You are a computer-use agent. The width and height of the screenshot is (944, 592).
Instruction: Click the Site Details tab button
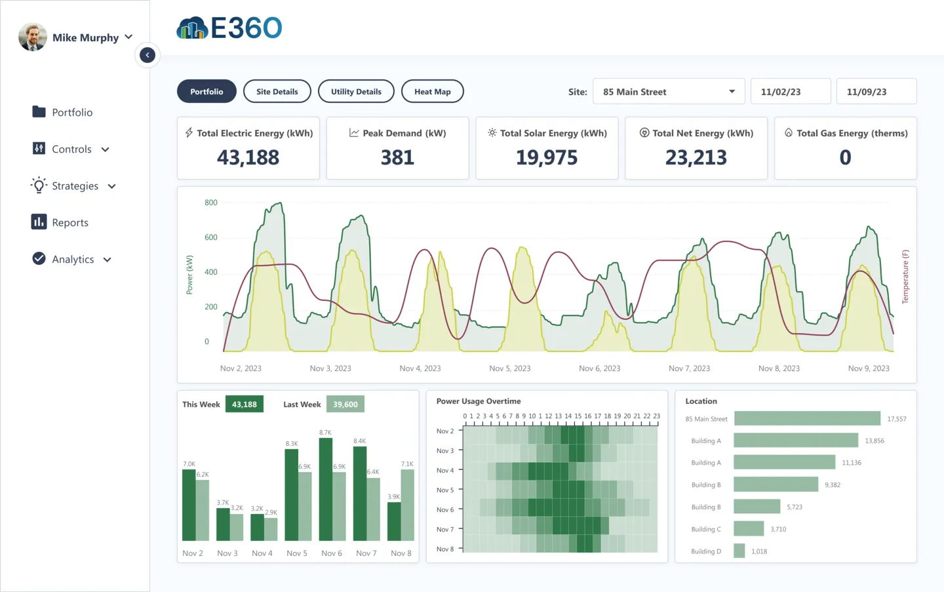277,92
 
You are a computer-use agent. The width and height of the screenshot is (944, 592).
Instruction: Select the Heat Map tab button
432,92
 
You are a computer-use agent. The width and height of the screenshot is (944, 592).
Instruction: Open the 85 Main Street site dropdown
668,92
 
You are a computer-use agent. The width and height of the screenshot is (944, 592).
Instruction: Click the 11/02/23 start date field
791,92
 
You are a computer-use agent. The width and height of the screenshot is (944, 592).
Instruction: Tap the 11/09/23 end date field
876,92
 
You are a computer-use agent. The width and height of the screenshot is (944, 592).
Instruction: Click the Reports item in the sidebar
69,223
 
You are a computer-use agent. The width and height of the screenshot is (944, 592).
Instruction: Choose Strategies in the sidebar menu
74,186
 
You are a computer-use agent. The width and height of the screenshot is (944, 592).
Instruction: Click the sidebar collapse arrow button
147,55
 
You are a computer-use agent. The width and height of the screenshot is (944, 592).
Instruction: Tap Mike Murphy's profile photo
33,37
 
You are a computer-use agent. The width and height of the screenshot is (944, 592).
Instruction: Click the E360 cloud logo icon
191,28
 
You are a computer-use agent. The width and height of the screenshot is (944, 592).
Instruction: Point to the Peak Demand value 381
397,157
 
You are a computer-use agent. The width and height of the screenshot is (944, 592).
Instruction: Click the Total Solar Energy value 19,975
547,157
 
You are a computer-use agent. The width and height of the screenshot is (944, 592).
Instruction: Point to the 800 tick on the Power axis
210,203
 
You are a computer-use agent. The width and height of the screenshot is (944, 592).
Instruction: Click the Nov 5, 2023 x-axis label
509,368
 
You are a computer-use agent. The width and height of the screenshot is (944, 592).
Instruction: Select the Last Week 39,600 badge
345,405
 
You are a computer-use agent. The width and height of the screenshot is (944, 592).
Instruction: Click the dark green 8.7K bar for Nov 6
326,489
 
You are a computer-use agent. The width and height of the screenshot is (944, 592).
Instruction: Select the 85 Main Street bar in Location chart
807,418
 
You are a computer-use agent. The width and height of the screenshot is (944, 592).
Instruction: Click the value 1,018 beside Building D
759,551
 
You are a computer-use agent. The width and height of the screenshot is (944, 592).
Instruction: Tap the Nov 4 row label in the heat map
444,471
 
